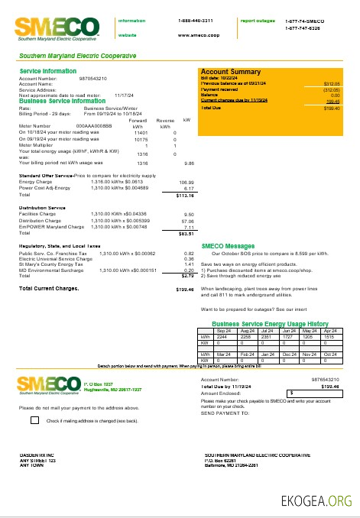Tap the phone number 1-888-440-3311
[195, 20]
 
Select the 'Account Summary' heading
[231, 71]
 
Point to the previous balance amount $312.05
[332, 83]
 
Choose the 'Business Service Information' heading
[62, 101]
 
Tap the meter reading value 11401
[141, 132]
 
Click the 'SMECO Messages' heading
[228, 246]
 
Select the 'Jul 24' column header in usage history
[267, 330]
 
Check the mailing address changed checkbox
[35, 419]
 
